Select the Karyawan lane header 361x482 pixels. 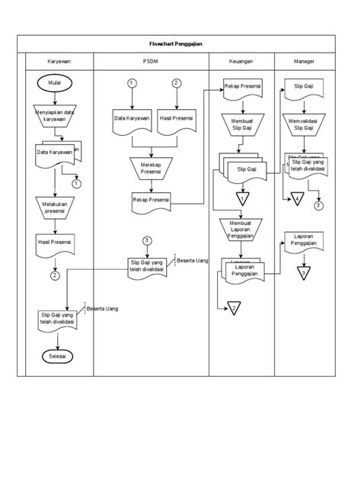click(x=54, y=61)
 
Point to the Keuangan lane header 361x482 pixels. click(x=242, y=61)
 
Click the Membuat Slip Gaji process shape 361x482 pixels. click(x=242, y=124)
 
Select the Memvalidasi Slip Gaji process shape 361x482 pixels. click(x=303, y=124)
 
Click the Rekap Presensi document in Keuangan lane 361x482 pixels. click(x=242, y=88)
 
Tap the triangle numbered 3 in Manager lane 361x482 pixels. click(x=303, y=273)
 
